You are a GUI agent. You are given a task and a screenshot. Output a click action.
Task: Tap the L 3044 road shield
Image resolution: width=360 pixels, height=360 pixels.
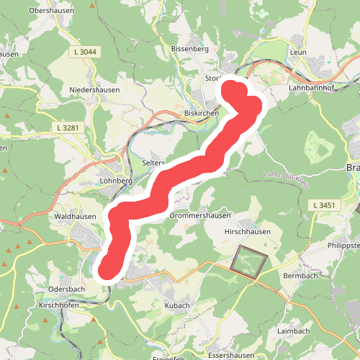[x=85, y=53]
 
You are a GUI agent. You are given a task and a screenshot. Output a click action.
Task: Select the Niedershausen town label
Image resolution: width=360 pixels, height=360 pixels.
[x=94, y=90]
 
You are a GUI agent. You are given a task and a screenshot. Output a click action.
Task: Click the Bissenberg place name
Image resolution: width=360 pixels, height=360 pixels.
[x=189, y=49]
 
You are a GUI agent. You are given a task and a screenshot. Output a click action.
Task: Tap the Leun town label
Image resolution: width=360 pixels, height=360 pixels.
[x=298, y=53]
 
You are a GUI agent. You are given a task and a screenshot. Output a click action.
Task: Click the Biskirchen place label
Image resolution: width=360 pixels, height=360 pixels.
[x=202, y=113]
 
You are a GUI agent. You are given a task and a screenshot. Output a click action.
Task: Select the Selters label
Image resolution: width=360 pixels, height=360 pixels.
[x=153, y=163]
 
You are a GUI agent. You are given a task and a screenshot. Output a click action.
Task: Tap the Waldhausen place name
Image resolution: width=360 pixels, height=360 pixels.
[x=75, y=216]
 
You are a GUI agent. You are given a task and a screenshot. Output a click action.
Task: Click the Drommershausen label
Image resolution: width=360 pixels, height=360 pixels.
[x=199, y=215]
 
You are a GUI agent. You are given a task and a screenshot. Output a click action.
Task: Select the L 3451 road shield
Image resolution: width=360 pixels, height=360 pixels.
[x=325, y=205]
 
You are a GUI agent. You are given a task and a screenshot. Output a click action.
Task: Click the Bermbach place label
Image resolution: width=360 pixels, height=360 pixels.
[x=301, y=276]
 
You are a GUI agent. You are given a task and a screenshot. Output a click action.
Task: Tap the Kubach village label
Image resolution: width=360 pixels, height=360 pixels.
[x=176, y=305]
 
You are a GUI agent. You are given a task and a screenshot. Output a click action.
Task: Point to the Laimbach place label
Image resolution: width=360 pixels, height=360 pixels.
[x=294, y=331]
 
